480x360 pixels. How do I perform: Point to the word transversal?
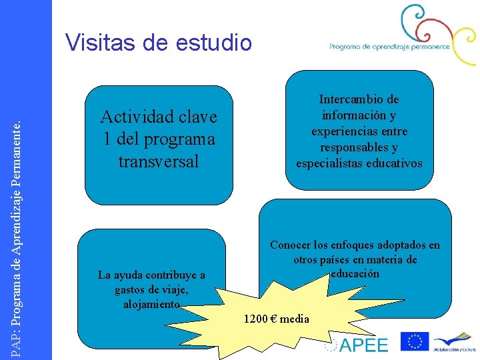tap(158, 161)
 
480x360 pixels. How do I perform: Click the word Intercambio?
tap(359, 99)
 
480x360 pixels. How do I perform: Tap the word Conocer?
tap(292, 245)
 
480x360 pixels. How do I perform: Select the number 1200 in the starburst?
tap(255, 319)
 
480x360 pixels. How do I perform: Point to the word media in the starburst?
tap(295, 319)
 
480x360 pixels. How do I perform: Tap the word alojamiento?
tap(151, 304)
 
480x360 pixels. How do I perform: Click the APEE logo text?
tap(363, 344)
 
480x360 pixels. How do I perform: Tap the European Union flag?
tap(414, 341)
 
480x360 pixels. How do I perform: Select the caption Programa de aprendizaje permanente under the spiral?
tap(389, 47)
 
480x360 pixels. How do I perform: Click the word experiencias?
tap(359, 131)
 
